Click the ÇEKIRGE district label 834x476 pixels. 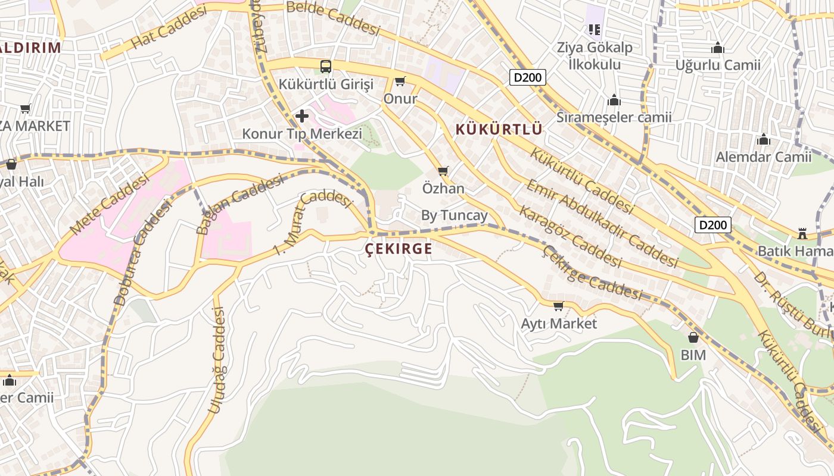click(398, 249)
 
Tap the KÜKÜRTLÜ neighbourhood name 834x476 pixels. click(499, 129)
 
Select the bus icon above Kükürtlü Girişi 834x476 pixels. click(326, 66)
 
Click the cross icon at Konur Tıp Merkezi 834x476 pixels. click(302, 115)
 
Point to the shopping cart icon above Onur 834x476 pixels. click(400, 81)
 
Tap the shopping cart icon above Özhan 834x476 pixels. click(443, 171)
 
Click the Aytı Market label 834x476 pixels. click(558, 324)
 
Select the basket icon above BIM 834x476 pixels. click(693, 337)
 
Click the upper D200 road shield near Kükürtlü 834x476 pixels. click(527, 77)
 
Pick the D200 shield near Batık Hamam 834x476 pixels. click(712, 224)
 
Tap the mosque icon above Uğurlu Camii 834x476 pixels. click(717, 48)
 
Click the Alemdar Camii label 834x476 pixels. click(763, 157)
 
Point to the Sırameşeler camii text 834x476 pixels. click(614, 117)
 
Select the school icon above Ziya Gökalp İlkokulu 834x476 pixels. click(594, 29)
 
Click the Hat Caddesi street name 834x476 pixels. click(169, 28)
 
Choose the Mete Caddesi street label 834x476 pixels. click(108, 204)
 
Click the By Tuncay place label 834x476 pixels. click(454, 215)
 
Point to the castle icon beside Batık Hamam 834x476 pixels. click(802, 233)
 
